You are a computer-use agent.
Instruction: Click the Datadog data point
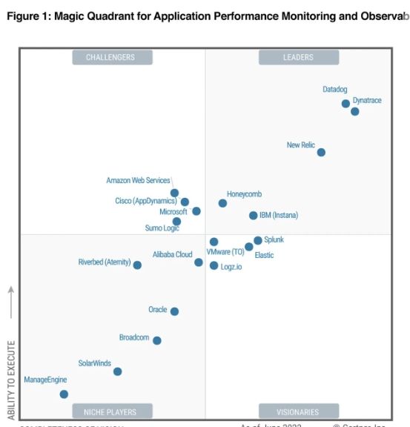tap(345, 104)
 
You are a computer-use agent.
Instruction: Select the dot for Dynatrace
tap(355, 112)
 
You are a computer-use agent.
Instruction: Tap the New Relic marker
tap(321, 153)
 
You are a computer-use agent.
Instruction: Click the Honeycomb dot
tap(222, 203)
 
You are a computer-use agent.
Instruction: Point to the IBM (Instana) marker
tap(253, 216)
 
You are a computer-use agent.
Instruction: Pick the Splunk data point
tap(258, 240)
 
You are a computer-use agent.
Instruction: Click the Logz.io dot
tap(214, 265)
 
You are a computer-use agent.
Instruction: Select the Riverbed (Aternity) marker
tap(137, 265)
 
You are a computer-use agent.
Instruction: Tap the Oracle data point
tap(174, 312)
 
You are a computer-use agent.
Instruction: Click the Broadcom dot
tap(156, 341)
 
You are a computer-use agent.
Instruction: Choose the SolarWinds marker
tap(117, 371)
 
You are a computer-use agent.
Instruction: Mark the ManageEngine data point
tap(64, 394)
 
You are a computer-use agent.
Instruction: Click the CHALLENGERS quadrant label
tap(112, 57)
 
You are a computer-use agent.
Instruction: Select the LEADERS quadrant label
tap(298, 57)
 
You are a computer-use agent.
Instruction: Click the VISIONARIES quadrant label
tap(298, 411)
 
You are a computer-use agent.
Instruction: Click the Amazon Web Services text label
tap(138, 180)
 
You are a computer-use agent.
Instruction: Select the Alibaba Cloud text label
tap(172, 254)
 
